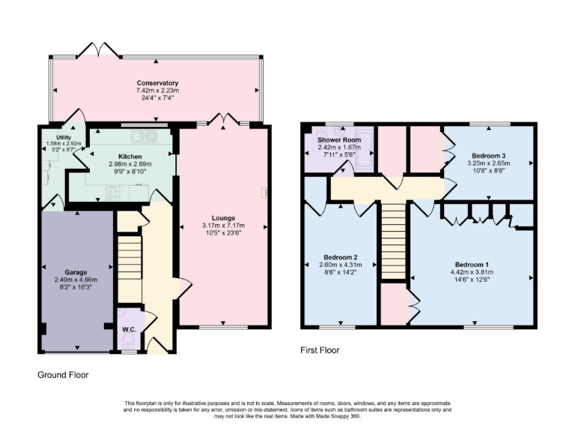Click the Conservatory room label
[157, 82]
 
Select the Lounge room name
[222, 218]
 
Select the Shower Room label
[339, 140]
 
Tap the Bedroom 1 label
[472, 265]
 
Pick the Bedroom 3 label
[488, 154]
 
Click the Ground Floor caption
[64, 373]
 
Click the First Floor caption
[320, 349]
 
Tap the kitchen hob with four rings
[114, 193]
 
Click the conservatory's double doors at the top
[100, 50]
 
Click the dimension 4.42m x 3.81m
[472, 272]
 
